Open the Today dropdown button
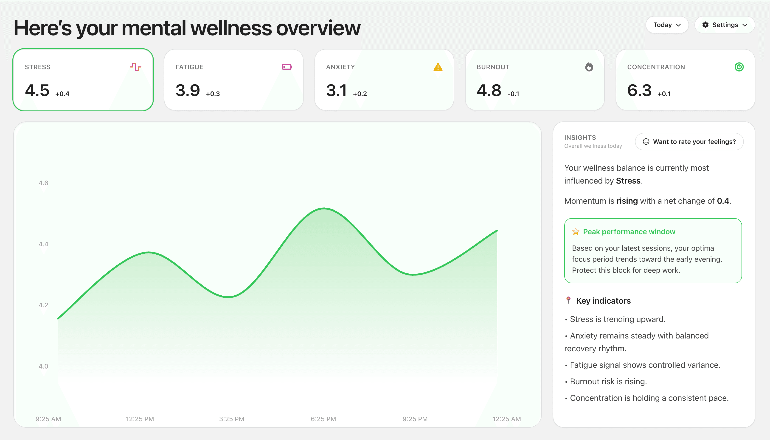pos(667,25)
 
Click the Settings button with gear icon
pos(724,25)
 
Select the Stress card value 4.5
pos(37,90)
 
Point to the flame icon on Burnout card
pos(589,67)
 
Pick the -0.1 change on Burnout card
pos(513,94)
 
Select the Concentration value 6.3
pos(639,90)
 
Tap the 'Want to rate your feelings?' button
pos(689,142)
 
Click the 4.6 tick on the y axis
pos(43,183)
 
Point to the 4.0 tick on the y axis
pos(43,366)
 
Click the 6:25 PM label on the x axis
pos(323,419)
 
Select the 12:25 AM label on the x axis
pos(506,419)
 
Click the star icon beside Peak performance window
pos(575,232)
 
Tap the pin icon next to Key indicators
pos(568,300)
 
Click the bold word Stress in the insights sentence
pos(628,181)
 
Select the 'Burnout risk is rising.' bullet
pos(608,382)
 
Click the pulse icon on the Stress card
pos(136,67)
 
